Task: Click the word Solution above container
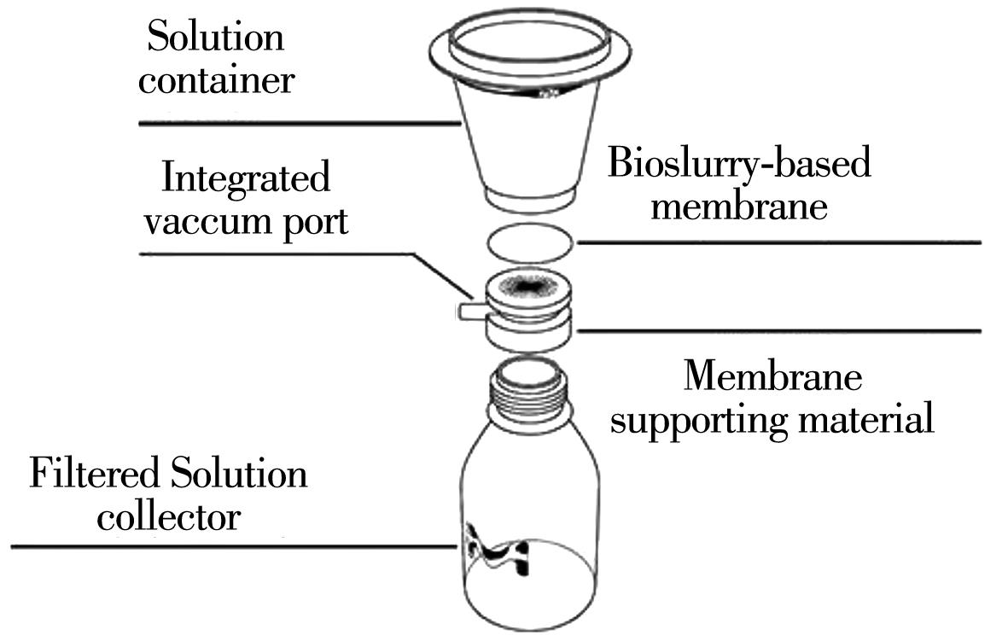(x=215, y=38)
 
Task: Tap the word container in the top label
(x=217, y=80)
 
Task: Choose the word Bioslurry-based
(x=739, y=162)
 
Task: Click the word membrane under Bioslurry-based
(x=739, y=206)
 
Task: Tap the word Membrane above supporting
(x=773, y=376)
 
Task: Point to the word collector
(x=168, y=517)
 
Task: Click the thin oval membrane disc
(x=530, y=242)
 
